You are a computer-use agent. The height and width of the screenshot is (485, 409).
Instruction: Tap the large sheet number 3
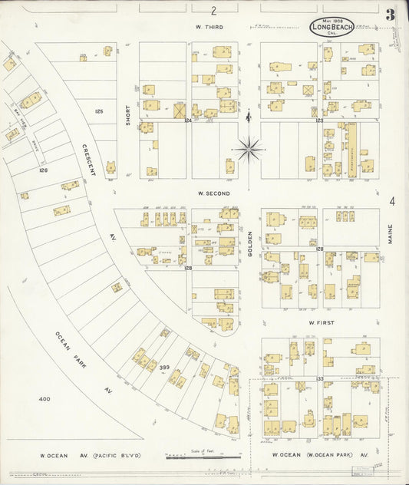391,15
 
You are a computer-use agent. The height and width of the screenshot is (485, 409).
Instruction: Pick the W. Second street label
213,193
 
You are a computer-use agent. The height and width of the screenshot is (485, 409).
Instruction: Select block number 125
98,112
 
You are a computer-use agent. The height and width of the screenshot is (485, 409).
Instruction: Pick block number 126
43,170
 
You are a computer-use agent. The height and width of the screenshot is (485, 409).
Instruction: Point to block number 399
163,368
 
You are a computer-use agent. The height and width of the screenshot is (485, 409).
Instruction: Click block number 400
44,399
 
